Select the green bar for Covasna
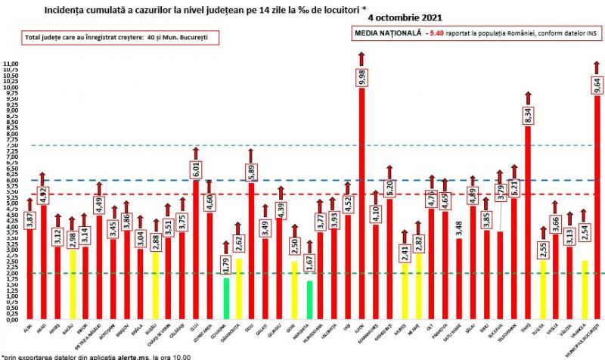click(226, 299)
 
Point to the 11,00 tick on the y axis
click(12, 64)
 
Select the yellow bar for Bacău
click(73, 284)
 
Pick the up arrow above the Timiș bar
click(528, 97)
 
